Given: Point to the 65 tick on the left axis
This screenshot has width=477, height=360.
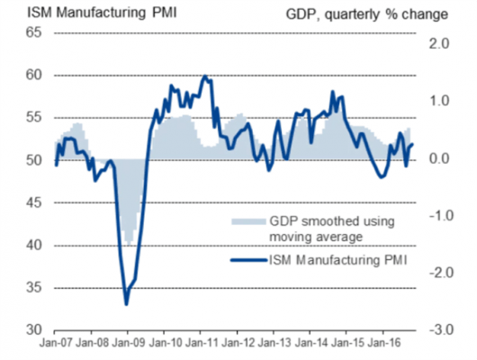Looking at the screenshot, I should (31, 32).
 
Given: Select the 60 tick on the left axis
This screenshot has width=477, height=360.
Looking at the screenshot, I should (31, 76).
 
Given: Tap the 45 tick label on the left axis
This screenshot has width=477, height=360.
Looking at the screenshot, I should (31, 203).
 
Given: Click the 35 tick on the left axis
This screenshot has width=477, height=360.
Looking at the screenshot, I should (31, 289).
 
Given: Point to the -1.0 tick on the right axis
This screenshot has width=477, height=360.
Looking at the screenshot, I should (436, 217).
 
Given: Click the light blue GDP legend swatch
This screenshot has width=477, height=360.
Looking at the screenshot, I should (243, 220).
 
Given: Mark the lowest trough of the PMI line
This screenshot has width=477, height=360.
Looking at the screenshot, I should (126, 304).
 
